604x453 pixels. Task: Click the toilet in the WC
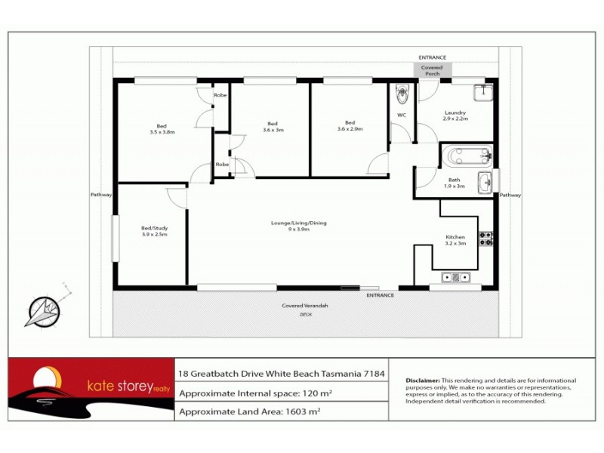[402, 95]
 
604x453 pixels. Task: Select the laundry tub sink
[483, 93]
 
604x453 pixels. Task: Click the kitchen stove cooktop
[485, 239]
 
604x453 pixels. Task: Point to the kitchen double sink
[461, 278]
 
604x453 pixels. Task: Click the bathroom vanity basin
[485, 182]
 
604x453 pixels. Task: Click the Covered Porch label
[432, 70]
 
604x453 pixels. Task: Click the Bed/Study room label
[154, 231]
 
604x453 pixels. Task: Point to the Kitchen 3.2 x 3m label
[455, 240]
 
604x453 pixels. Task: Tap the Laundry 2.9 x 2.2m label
[455, 116]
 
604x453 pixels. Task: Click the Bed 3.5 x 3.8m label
[162, 128]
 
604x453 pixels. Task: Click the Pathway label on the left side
[100, 195]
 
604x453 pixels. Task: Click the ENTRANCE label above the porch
[433, 57]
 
